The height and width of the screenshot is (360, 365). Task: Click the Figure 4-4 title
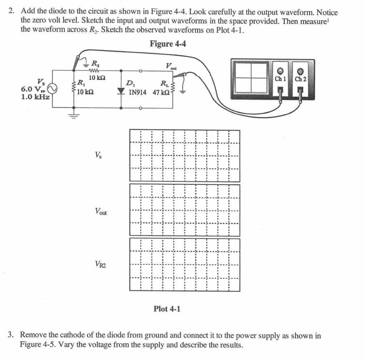point(168,44)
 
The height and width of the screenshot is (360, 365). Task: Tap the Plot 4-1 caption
point(167,309)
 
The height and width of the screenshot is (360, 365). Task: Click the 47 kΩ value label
point(161,93)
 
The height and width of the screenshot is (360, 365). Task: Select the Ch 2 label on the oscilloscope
point(300,79)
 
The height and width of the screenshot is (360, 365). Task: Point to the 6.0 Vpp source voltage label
point(33,89)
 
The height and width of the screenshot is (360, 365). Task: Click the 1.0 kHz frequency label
point(35,96)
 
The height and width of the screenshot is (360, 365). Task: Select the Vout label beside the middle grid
point(101,212)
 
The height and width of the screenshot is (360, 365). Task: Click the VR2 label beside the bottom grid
point(100,264)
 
